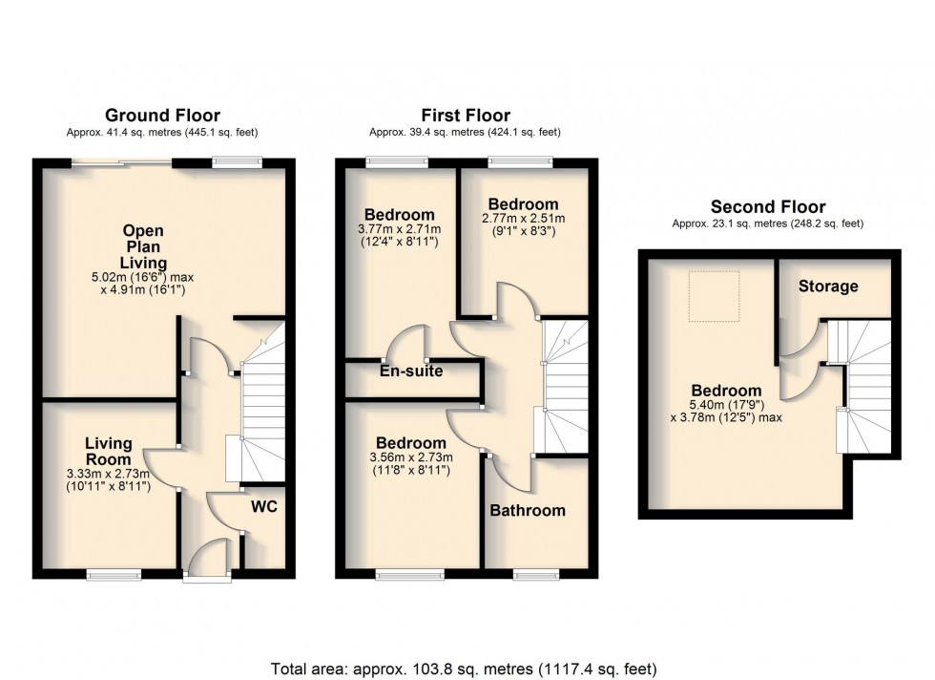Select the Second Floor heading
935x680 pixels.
pyautogui.click(x=768, y=206)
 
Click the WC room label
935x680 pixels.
pyautogui.click(x=264, y=506)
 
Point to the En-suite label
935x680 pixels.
pyautogui.click(x=411, y=371)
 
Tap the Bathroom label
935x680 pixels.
pyautogui.click(x=528, y=510)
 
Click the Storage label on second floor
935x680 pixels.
pyautogui.click(x=828, y=286)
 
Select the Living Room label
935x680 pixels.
pyautogui.click(x=108, y=451)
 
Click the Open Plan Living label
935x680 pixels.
pyautogui.click(x=143, y=246)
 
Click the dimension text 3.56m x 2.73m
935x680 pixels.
pyautogui.click(x=410, y=458)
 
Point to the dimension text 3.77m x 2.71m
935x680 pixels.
pyautogui.click(x=399, y=230)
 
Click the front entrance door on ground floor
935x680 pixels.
pyautogui.click(x=206, y=563)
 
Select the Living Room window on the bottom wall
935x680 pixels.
pyautogui.click(x=108, y=574)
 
